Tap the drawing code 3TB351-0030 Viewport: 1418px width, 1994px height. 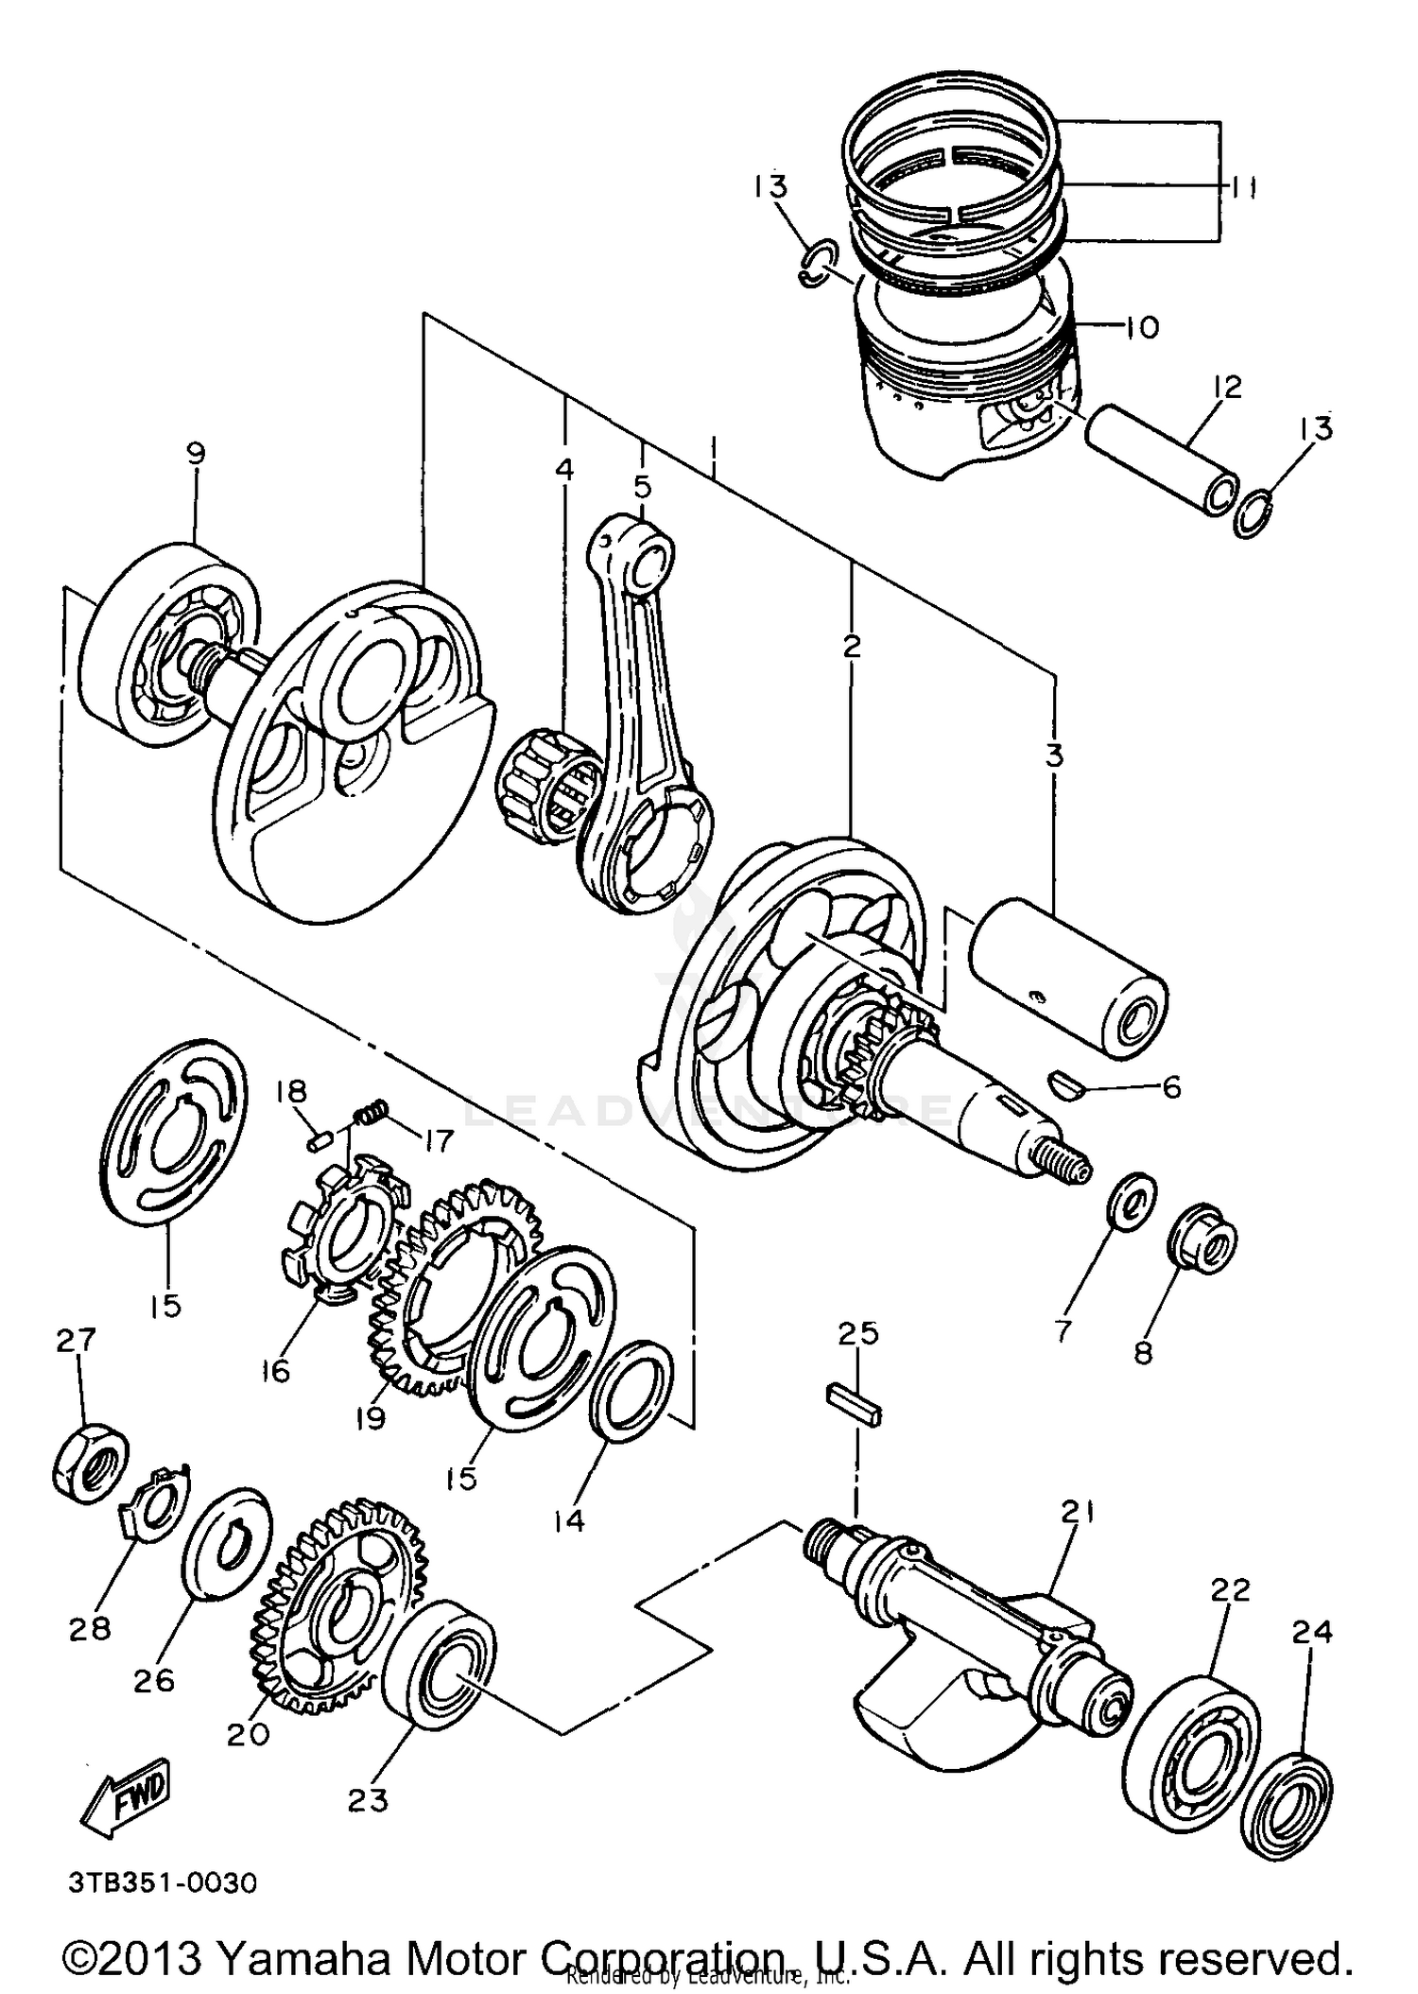[162, 1881]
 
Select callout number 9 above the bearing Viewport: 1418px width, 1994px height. [195, 455]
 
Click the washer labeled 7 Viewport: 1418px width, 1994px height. [1131, 1203]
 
